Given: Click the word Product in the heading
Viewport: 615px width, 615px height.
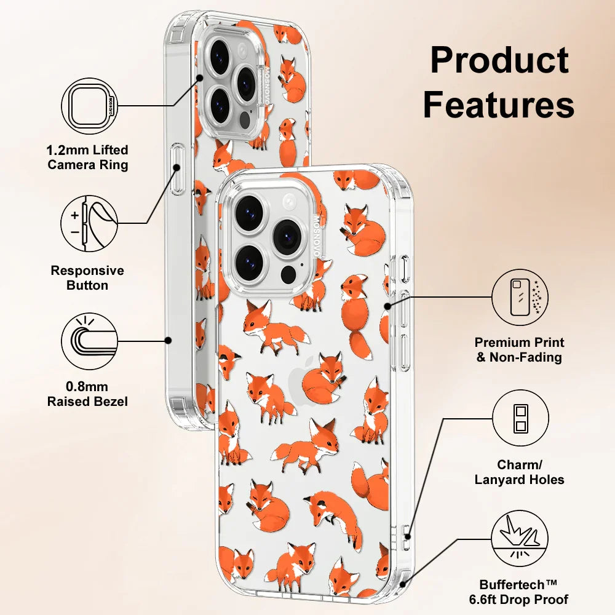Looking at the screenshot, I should [x=499, y=61].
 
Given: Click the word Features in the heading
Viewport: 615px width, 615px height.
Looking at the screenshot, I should [x=499, y=105].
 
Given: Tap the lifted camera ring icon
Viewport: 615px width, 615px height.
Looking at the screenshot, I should [x=90, y=106].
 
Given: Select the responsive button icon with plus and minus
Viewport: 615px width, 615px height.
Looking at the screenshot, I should [x=90, y=223].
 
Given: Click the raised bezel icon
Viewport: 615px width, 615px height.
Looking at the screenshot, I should [x=90, y=340].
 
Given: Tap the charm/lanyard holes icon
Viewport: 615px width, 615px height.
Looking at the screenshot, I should [x=520, y=418].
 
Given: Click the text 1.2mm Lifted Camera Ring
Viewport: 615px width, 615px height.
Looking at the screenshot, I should [x=88, y=157].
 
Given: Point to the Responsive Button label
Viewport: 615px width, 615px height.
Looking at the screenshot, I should [x=87, y=278].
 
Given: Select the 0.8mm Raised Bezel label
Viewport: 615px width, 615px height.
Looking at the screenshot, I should [x=88, y=394].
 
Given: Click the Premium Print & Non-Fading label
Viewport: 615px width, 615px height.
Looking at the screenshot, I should [x=520, y=350].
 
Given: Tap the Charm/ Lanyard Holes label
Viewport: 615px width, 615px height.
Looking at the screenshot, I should [x=520, y=472].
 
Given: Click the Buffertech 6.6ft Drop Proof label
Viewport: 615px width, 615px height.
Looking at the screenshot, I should [x=523, y=592].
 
